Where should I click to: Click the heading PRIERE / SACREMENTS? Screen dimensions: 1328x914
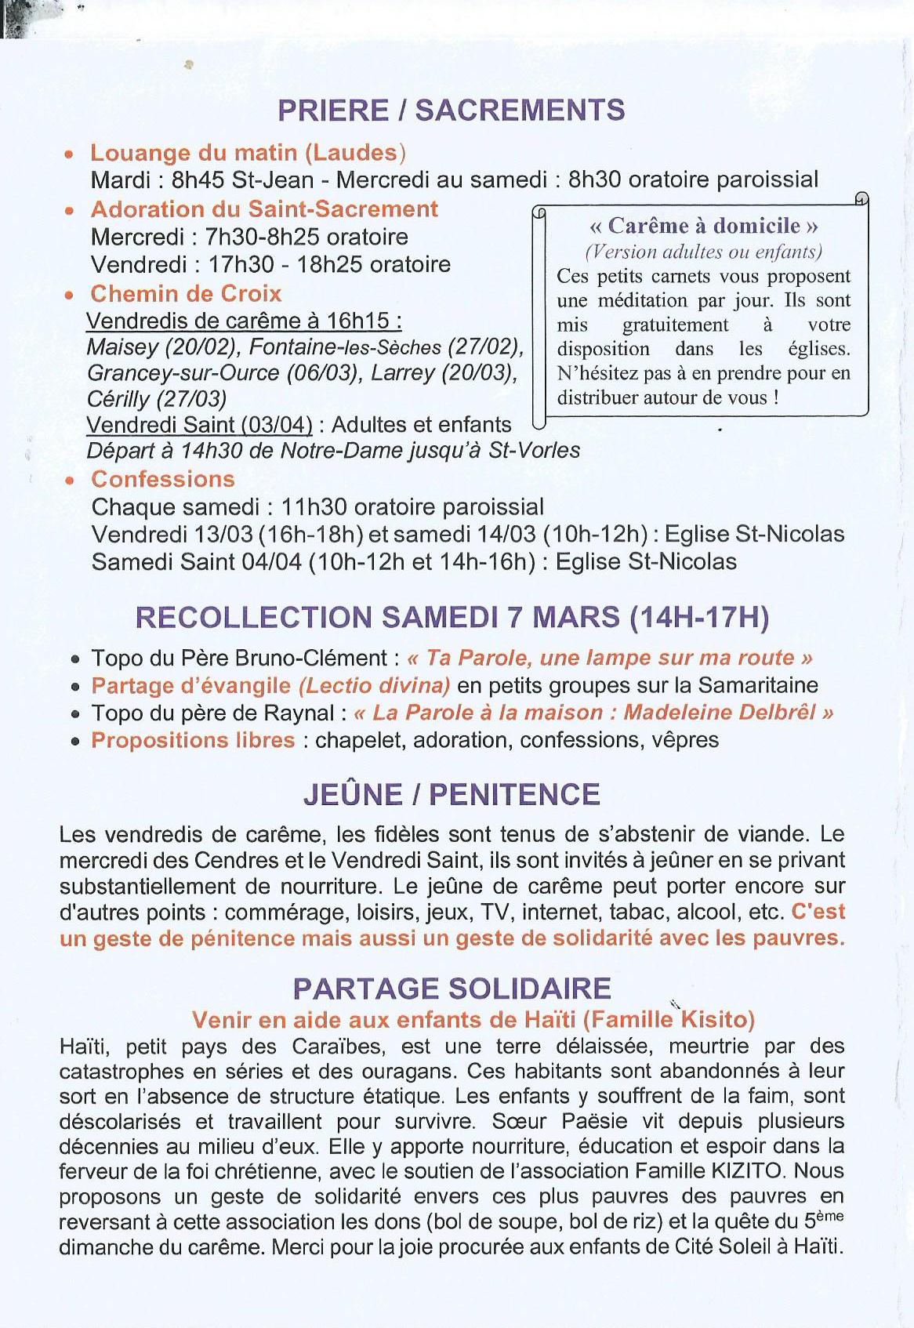click(x=452, y=111)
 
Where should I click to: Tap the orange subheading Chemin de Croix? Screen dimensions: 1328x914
click(x=186, y=294)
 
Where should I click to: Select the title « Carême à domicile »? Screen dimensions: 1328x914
click(x=703, y=226)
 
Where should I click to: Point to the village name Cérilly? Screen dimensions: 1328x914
click(x=118, y=399)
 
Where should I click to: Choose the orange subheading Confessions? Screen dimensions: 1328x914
click(x=163, y=479)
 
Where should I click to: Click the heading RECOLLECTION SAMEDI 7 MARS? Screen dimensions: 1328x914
click(x=452, y=618)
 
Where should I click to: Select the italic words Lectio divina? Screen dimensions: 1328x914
click(x=375, y=685)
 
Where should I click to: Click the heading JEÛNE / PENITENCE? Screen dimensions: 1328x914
click(x=452, y=794)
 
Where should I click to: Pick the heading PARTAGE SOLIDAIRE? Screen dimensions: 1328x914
click(x=452, y=988)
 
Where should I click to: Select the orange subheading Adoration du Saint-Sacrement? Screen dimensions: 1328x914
click(x=264, y=209)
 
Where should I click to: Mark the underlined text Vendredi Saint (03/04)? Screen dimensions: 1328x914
click(x=199, y=425)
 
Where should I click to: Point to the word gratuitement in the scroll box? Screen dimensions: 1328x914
click(x=675, y=325)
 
